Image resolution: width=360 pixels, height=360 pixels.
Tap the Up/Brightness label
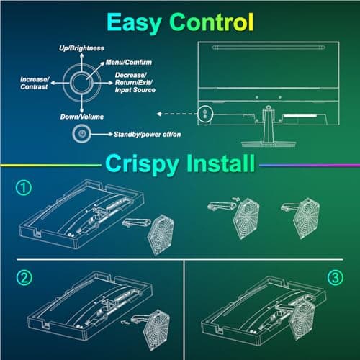click(81, 48)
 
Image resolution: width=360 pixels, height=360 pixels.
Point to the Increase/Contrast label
click(35, 82)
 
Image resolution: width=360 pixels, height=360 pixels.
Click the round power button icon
click(83, 134)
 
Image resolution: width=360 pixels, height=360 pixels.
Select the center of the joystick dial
click(82, 81)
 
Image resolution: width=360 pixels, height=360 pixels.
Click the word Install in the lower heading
click(217, 163)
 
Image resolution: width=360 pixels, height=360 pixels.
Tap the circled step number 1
click(23, 189)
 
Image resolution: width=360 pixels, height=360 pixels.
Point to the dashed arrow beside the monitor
click(176, 112)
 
